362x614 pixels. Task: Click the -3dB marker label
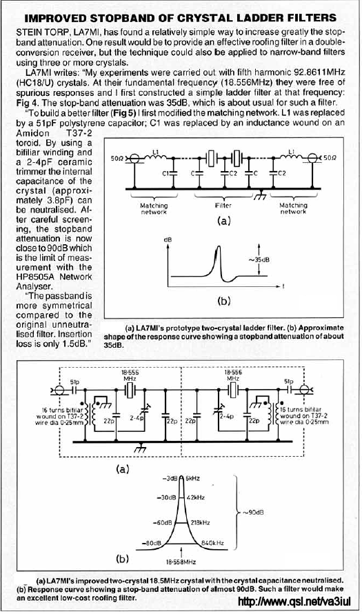(x=170, y=478)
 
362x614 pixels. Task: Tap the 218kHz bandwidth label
(x=201, y=522)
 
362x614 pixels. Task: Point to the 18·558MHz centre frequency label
(x=181, y=562)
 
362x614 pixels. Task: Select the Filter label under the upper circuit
(x=223, y=205)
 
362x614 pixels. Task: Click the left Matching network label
(x=154, y=208)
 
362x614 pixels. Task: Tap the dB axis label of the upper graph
(x=168, y=239)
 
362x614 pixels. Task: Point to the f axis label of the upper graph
(x=283, y=286)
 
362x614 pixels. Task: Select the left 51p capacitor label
(x=74, y=381)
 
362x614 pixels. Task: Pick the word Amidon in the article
(x=33, y=133)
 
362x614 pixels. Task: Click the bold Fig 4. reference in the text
(x=28, y=103)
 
